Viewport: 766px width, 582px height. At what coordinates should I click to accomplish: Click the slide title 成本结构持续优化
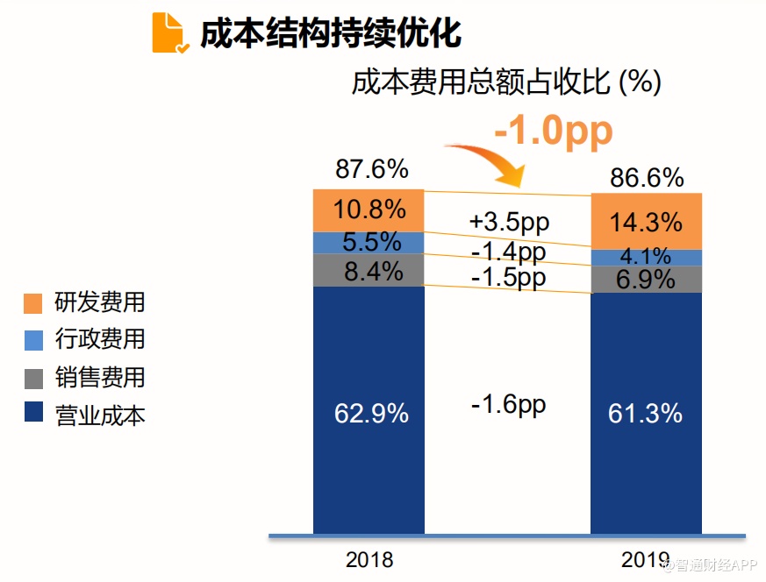[331, 33]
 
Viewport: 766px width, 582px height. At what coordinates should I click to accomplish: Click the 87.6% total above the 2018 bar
[372, 169]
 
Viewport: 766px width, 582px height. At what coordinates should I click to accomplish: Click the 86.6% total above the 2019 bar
[647, 178]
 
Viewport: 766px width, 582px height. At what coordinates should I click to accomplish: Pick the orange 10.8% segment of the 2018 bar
[369, 210]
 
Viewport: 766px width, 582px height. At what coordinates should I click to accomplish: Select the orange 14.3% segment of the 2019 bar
[646, 223]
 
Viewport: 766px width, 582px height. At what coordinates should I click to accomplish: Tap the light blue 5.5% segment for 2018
[369, 243]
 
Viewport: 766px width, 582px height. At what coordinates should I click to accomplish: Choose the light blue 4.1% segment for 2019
[646, 258]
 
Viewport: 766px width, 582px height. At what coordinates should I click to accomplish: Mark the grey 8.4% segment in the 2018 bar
[369, 270]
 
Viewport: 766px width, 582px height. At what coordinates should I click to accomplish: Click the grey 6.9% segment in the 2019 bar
[646, 280]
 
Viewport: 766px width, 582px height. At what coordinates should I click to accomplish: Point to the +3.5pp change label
[509, 221]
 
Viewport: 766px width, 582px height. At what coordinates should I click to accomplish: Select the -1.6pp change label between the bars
[509, 404]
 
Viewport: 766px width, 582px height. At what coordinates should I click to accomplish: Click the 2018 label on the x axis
[369, 559]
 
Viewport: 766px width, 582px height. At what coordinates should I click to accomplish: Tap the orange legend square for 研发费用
[33, 303]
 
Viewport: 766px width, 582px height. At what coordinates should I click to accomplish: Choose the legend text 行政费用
[100, 339]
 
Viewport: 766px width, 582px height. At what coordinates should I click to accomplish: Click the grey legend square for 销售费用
[33, 379]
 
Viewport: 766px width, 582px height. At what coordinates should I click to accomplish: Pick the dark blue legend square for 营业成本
[33, 413]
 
